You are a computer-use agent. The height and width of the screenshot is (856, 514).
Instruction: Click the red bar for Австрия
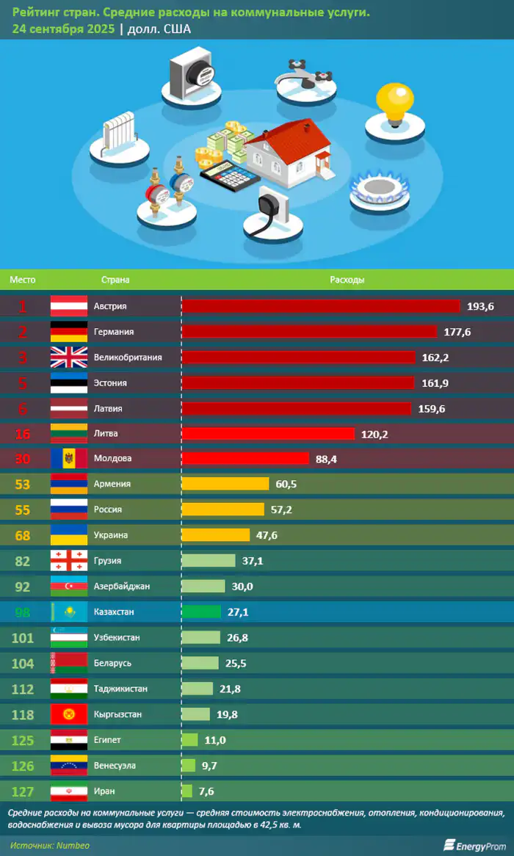[x=320, y=306]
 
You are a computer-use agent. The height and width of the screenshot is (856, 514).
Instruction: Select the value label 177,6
[x=457, y=333]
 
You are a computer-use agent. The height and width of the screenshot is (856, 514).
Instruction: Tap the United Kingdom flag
[x=68, y=358]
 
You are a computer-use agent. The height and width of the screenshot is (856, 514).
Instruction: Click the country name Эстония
[x=110, y=383]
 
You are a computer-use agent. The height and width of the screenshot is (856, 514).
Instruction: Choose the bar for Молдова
[x=245, y=459]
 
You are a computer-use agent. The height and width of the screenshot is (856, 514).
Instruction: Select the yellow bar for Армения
[x=225, y=484]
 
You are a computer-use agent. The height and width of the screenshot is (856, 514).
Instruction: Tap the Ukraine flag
[x=68, y=535]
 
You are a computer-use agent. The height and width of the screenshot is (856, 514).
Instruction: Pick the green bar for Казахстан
[x=200, y=612]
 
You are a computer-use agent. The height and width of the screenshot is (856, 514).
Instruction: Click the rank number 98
[x=23, y=612]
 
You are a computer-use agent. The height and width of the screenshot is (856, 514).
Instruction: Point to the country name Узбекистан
[x=117, y=638]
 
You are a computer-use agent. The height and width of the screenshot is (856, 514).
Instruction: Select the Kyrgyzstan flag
[x=68, y=714]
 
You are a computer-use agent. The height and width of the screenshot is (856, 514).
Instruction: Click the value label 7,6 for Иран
[x=206, y=791]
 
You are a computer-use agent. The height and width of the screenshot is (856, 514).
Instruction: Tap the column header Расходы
[x=347, y=280]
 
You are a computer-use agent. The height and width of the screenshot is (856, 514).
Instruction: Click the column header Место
[x=23, y=280]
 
